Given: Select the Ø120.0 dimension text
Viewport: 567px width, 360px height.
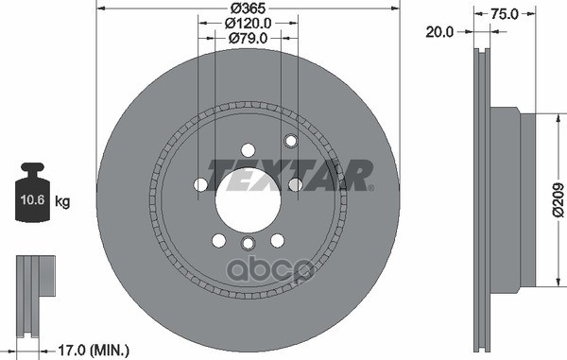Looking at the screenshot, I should [x=248, y=24].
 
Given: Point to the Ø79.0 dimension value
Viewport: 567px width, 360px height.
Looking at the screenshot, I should [x=248, y=39].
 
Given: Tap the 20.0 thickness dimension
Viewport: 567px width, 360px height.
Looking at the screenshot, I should [x=438, y=30].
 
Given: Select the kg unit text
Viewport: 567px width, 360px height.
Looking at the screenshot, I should [x=62, y=200].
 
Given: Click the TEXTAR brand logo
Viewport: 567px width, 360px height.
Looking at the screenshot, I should [x=287, y=175].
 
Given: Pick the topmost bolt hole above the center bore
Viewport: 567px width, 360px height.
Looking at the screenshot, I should [x=248, y=149].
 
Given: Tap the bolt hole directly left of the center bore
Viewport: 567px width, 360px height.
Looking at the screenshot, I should [x=201, y=185].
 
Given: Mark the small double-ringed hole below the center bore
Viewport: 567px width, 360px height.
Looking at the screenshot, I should [x=248, y=244].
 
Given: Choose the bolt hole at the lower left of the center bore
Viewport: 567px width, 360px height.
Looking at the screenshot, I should [x=218, y=239].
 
